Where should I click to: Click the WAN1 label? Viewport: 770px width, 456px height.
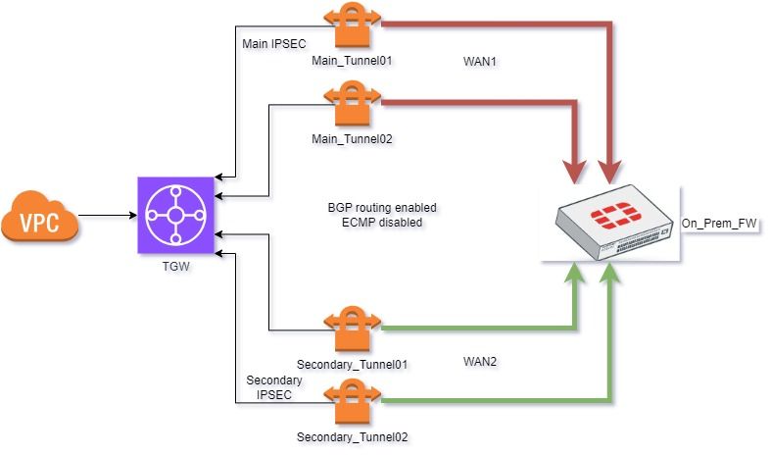pyautogui.click(x=480, y=61)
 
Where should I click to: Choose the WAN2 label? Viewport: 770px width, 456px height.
pyautogui.click(x=480, y=362)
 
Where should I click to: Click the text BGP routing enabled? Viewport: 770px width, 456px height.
pyautogui.click(x=382, y=208)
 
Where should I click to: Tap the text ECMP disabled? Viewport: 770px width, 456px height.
pyautogui.click(x=382, y=223)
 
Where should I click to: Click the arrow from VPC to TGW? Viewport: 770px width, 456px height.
pyautogui.click(x=106, y=214)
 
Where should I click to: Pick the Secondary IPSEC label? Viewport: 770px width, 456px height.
pyautogui.click(x=274, y=387)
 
